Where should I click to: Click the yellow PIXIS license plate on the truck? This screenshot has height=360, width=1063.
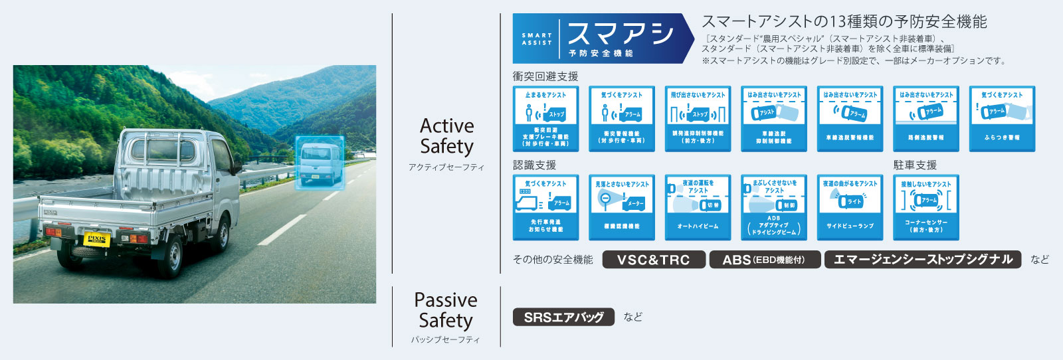click(97, 239)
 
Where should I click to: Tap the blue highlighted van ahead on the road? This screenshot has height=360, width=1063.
click(320, 163)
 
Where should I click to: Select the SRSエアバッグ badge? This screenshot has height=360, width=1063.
click(563, 317)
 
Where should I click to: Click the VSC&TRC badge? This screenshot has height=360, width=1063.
click(654, 260)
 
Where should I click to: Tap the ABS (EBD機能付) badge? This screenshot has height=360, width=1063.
click(764, 260)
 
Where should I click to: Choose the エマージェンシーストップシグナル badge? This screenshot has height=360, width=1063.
click(923, 260)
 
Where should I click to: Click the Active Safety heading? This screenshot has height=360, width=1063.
click(446, 136)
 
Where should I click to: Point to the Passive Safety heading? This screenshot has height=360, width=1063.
click(445, 310)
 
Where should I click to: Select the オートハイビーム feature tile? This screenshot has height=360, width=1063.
click(698, 207)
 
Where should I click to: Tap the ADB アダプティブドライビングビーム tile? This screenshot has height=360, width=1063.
click(774, 207)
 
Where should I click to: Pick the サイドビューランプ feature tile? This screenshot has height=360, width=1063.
click(850, 207)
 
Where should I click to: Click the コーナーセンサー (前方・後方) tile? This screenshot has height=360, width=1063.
click(926, 207)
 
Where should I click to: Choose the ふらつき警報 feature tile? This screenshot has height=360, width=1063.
click(1002, 118)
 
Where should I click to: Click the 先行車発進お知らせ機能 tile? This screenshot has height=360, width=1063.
click(545, 207)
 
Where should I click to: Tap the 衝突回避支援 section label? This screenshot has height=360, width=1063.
click(545, 76)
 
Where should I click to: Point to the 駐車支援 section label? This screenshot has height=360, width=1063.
click(915, 165)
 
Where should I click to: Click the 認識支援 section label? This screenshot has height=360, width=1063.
click(534, 165)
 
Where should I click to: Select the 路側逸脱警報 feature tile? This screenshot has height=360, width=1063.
click(926, 118)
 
